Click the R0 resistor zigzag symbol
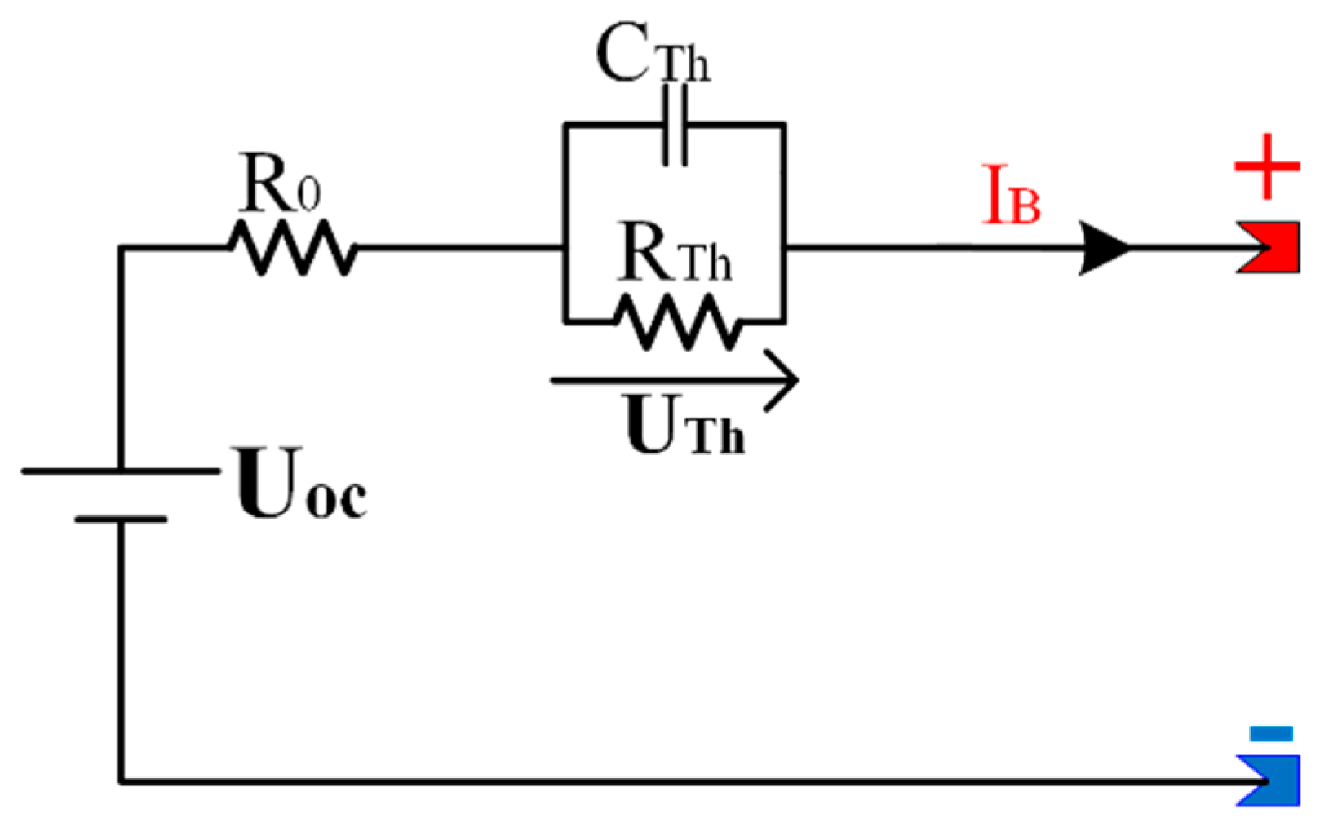292,247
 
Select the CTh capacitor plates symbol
675,126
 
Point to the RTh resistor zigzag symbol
677,321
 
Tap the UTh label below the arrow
684,426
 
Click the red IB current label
1010,196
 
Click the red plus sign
1266,167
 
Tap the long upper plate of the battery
121,471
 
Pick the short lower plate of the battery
121,519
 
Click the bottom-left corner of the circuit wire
122,781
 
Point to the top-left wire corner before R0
122,248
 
